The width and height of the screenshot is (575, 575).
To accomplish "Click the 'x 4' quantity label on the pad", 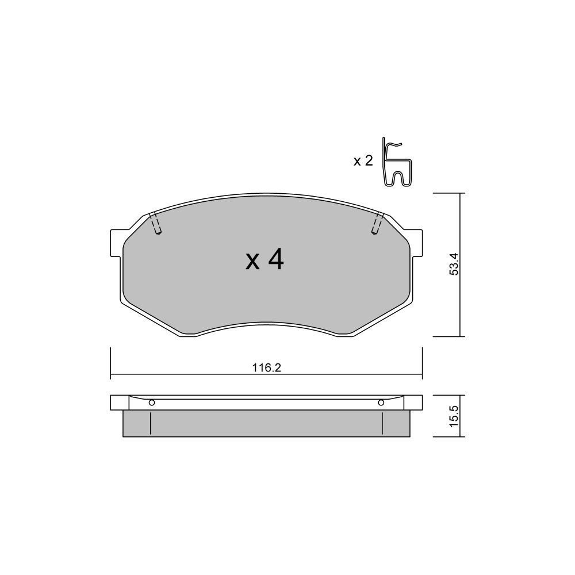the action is click(x=264, y=260).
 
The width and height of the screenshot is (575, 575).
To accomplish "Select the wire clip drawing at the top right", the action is click(x=396, y=162).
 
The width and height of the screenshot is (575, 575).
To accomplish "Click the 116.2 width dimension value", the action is click(x=267, y=367).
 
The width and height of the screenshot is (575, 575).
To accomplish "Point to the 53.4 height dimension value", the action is click(x=454, y=264).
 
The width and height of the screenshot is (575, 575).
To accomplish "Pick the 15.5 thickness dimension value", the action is click(x=454, y=416).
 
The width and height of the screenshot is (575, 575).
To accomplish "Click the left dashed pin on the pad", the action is click(x=156, y=223).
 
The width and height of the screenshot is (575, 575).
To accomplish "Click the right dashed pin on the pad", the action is click(x=377, y=223).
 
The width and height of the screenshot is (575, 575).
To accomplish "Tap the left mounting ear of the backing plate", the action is click(x=116, y=243).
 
